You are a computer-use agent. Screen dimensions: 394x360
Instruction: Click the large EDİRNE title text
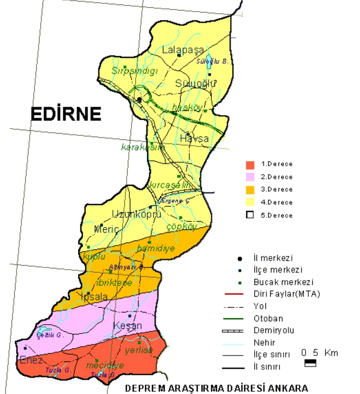click(66, 113)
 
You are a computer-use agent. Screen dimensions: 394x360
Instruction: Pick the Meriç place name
click(107, 228)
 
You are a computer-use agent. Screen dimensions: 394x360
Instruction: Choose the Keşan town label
click(127, 325)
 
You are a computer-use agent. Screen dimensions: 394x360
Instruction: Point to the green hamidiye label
click(156, 248)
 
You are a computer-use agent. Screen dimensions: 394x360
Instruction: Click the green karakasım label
click(143, 147)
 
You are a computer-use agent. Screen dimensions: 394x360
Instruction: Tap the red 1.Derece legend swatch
click(250, 164)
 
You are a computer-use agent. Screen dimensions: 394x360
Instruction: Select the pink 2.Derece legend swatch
click(250, 177)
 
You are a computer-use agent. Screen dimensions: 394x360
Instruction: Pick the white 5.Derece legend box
click(250, 215)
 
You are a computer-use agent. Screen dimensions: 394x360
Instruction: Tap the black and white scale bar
click(310, 363)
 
